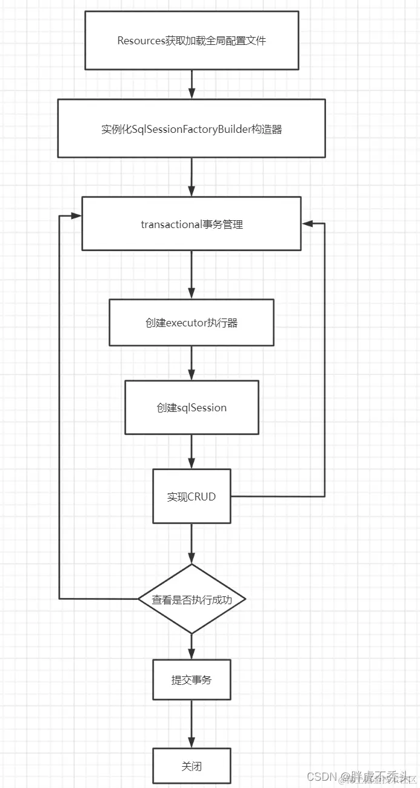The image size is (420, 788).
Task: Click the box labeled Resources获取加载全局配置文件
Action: tap(192, 41)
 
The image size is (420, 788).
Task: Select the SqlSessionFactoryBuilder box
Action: tap(192, 129)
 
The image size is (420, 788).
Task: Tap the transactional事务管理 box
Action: tap(192, 224)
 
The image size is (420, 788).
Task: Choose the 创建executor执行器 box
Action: tap(192, 323)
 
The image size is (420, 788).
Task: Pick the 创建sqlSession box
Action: tap(192, 407)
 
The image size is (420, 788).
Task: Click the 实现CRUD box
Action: tap(192, 496)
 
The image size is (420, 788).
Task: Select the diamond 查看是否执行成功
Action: tap(192, 599)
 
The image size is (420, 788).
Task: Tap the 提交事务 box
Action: tap(192, 680)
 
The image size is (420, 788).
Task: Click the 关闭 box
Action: tap(192, 766)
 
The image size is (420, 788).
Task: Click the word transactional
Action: tap(171, 224)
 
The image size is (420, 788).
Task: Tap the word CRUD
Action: tap(202, 497)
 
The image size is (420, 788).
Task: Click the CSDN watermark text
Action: tap(321, 777)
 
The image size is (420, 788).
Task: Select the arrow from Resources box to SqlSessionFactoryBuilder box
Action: tap(192, 84)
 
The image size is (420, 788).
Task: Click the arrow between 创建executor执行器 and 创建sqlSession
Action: tap(192, 363)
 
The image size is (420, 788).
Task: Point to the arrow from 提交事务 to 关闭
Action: tap(192, 724)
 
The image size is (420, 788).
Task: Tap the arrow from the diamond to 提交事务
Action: tap(192, 647)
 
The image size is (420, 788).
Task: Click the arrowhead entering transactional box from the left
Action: tap(76, 216)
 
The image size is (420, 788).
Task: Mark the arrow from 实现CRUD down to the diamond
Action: tap(192, 544)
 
